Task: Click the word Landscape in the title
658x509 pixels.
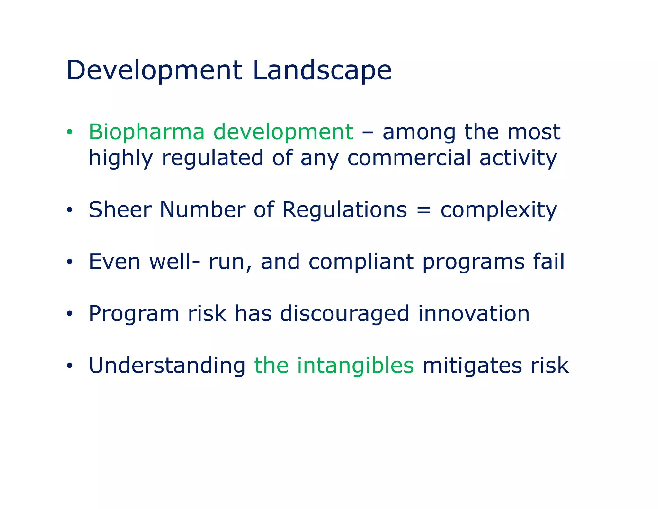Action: [x=322, y=70]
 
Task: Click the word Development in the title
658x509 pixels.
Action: [x=154, y=70]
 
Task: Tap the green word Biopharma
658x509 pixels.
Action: [x=147, y=132]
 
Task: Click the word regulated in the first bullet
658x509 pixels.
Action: [x=212, y=158]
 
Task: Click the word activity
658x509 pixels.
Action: [x=518, y=159]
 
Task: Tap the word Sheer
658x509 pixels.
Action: [x=120, y=210]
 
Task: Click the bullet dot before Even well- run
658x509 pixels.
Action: [x=70, y=262]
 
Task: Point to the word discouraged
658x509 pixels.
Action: [x=344, y=314]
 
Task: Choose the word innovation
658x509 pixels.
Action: [x=473, y=314]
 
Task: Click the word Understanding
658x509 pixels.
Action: [x=167, y=366]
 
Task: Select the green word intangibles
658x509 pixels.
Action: [x=355, y=366]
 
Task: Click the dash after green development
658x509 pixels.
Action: [x=367, y=133]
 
